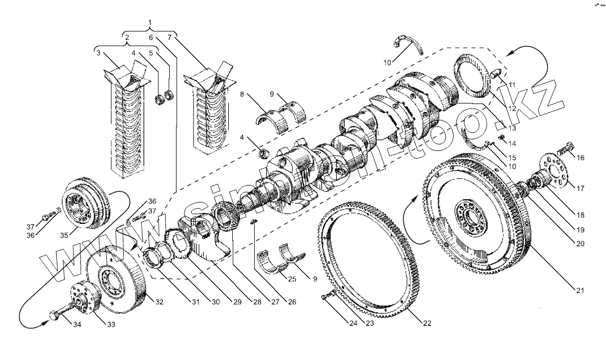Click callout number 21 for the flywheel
(580, 291)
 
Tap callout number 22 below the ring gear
(427, 323)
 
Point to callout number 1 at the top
(150, 22)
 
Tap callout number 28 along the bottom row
(257, 302)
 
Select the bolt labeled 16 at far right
(565, 150)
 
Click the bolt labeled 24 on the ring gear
(327, 297)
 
